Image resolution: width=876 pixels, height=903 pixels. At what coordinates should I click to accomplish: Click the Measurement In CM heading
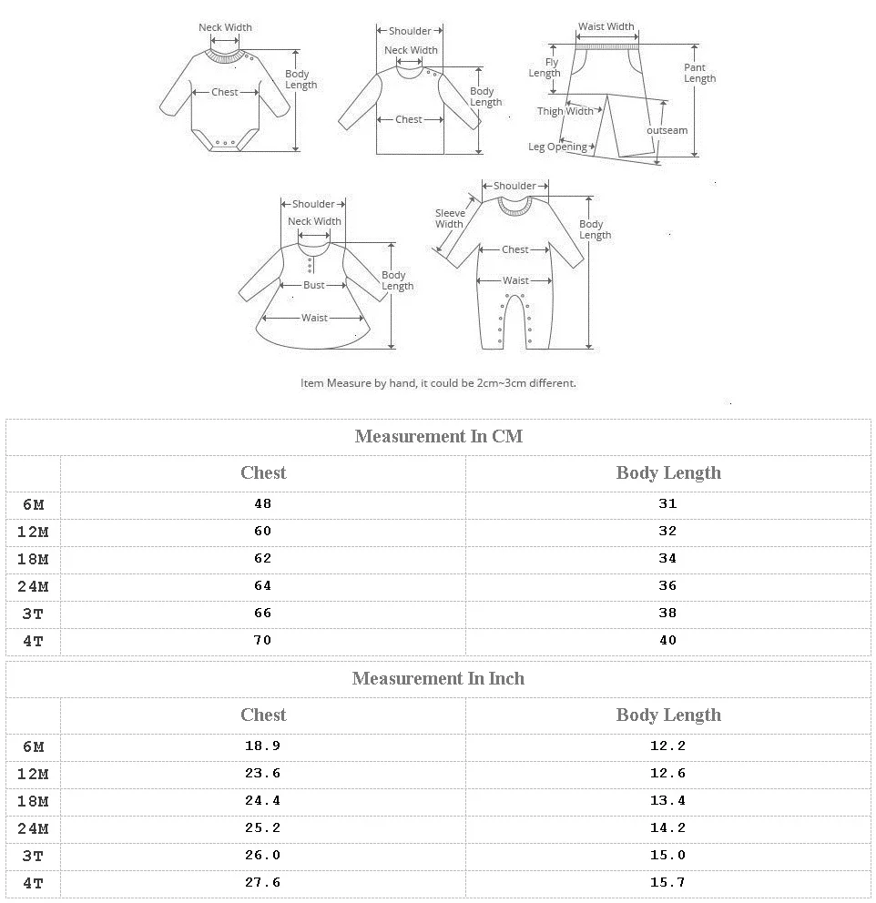438,436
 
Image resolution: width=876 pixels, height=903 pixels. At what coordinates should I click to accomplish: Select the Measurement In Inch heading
438,678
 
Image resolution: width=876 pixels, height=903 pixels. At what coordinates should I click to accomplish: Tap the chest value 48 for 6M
263,503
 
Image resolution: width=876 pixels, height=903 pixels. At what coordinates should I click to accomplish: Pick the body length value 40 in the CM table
667,640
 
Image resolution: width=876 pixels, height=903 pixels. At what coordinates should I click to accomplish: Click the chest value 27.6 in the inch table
263,882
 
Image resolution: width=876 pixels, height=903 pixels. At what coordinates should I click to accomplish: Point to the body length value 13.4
667,800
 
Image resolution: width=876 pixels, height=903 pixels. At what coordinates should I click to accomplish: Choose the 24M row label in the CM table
33,586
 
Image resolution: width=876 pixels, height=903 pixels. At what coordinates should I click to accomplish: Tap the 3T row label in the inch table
33,856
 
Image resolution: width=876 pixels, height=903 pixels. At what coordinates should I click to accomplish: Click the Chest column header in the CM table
263,472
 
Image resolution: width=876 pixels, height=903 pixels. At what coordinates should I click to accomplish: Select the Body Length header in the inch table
667,715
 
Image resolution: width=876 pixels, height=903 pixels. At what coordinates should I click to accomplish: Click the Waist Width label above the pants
606,27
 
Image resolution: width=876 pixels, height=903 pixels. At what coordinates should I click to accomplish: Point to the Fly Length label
545,68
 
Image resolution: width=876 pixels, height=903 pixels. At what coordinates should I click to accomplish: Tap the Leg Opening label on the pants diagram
557,147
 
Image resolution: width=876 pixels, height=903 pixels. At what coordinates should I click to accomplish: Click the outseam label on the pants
667,130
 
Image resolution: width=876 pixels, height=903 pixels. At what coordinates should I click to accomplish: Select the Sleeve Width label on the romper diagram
449,218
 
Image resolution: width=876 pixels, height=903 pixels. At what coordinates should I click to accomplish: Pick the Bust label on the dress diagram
314,285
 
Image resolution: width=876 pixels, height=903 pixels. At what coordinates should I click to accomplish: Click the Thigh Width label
565,111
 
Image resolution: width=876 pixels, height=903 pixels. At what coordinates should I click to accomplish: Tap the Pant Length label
699,73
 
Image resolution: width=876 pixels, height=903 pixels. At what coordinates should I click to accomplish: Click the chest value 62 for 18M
263,558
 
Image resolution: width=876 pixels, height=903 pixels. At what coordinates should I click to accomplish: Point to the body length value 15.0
667,855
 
